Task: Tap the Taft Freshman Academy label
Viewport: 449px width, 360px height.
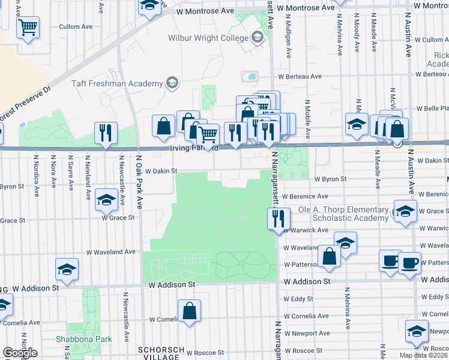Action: pyautogui.click(x=118, y=84)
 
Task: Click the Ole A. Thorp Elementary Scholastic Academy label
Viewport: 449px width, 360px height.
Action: pyautogui.click(x=343, y=214)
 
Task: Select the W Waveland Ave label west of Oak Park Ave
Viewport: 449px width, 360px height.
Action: pyautogui.click(x=111, y=253)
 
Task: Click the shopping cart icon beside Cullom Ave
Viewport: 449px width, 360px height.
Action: pyautogui.click(x=28, y=26)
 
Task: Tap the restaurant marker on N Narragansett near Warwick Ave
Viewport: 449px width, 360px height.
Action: pyautogui.click(x=277, y=218)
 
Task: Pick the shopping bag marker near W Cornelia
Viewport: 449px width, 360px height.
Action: pyautogui.click(x=189, y=311)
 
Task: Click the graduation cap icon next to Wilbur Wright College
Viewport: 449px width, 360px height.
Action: pyautogui.click(x=258, y=38)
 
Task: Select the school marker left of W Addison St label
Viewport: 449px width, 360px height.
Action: pyautogui.click(x=67, y=270)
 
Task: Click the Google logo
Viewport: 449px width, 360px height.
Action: pyautogui.click(x=20, y=353)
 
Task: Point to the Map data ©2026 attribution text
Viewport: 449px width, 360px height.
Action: pyautogui.click(x=424, y=355)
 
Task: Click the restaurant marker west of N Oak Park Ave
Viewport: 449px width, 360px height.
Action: pyautogui.click(x=106, y=133)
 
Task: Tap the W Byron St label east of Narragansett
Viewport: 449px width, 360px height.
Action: pyautogui.click(x=331, y=179)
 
